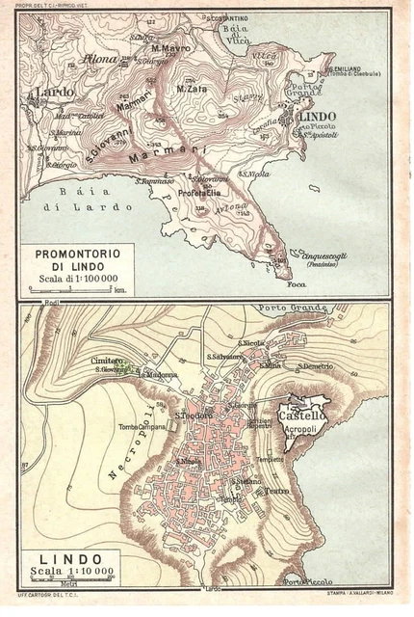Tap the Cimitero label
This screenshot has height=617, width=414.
coord(108,362)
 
